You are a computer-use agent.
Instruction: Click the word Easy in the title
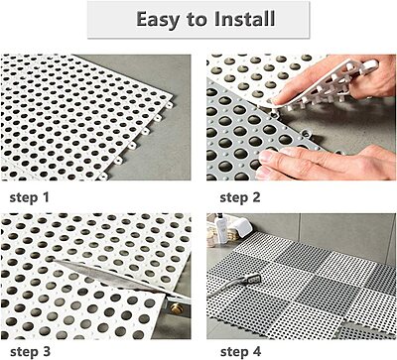[157, 20]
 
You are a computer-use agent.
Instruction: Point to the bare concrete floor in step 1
[159, 79]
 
